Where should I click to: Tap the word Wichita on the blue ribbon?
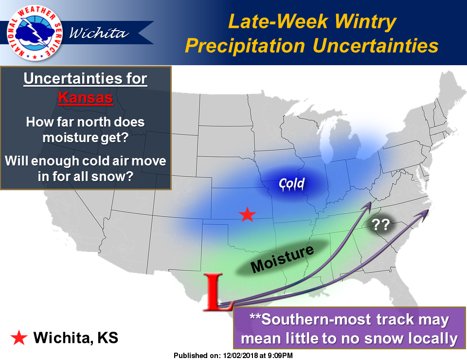(99, 33)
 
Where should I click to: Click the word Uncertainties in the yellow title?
(376, 46)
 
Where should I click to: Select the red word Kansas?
(86, 98)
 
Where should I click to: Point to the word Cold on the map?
(291, 183)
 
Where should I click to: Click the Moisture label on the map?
(282, 259)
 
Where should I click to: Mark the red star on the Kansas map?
(247, 215)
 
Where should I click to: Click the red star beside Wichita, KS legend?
(19, 338)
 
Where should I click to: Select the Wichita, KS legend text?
(76, 338)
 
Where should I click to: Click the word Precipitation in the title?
(245, 46)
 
